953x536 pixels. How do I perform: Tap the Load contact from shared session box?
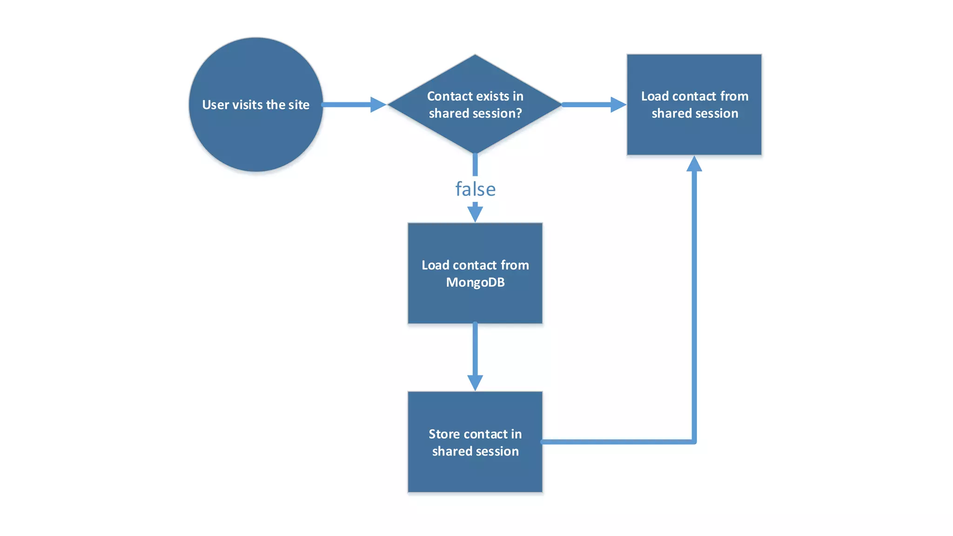[x=694, y=135]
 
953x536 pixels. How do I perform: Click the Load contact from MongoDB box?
[x=475, y=302]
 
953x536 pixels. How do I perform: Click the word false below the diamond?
[x=475, y=189]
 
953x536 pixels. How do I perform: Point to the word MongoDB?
[x=475, y=282]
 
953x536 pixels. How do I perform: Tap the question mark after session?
[x=519, y=114]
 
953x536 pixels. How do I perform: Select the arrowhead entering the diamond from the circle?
[x=378, y=105]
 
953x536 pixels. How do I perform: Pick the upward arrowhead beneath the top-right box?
[x=694, y=164]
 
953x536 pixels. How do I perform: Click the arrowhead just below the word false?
[x=475, y=214]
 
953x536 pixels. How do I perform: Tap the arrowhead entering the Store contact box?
[x=475, y=382]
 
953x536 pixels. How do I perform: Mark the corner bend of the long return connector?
[x=693, y=441]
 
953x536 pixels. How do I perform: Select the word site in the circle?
[x=299, y=105]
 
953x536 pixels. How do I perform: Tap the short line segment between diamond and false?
[x=475, y=164]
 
